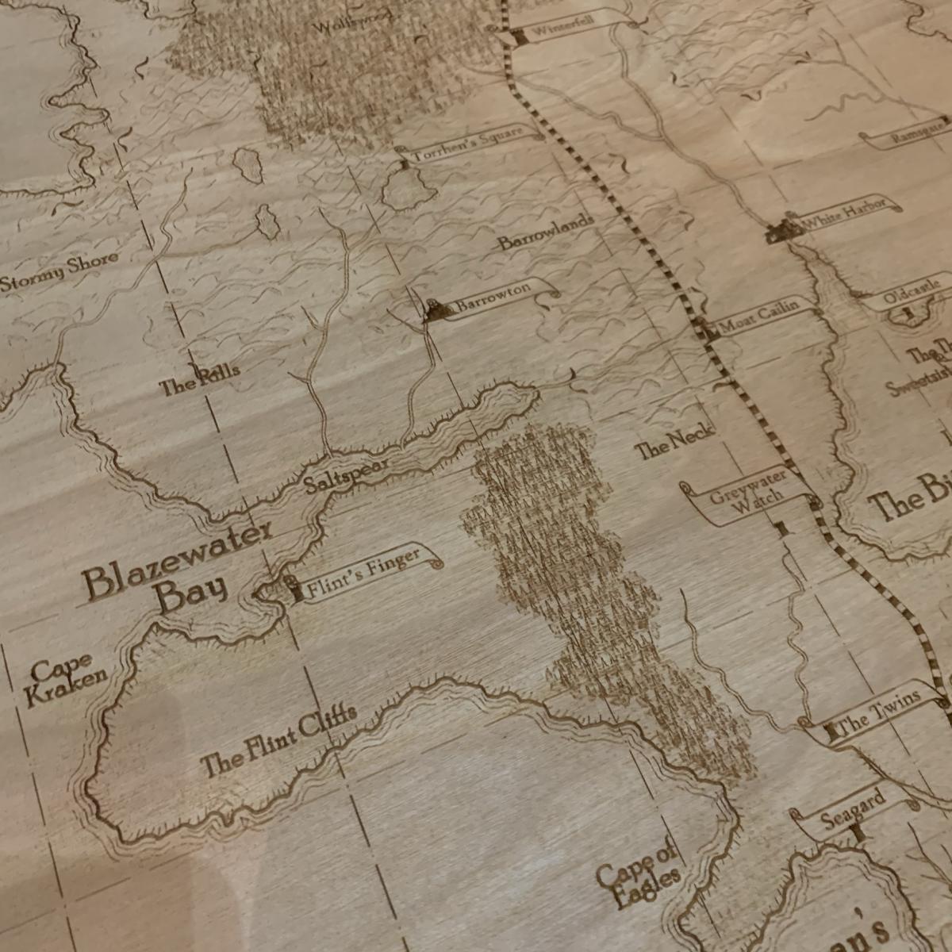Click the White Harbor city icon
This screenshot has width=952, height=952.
coord(784,230)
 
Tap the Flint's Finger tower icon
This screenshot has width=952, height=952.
coord(294,590)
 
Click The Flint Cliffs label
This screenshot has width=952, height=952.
coord(278,739)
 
